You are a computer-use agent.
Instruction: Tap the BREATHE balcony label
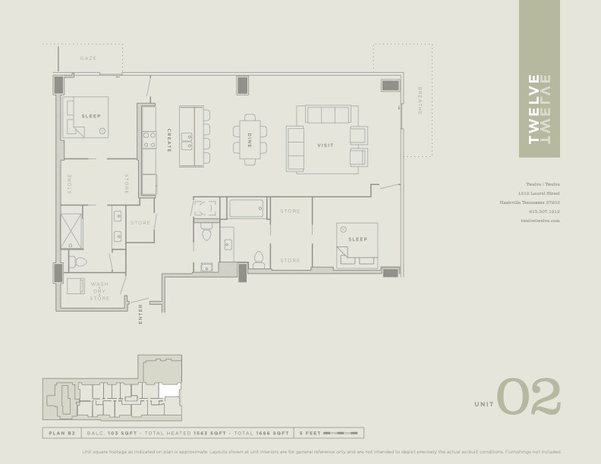(420, 100)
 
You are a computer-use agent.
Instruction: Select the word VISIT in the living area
(325, 145)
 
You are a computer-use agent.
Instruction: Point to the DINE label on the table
(249, 140)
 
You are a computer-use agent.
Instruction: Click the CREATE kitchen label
(169, 140)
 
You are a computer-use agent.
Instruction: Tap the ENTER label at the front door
(140, 314)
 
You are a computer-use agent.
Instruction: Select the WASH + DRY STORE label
(99, 291)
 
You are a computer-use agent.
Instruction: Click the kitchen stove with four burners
(149, 140)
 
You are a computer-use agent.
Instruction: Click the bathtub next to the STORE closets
(246, 208)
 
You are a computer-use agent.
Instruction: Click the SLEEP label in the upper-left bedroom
(91, 116)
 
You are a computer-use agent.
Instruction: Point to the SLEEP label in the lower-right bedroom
(357, 240)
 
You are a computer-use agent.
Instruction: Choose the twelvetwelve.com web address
(540, 220)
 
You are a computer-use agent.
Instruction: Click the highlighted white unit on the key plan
(171, 392)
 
